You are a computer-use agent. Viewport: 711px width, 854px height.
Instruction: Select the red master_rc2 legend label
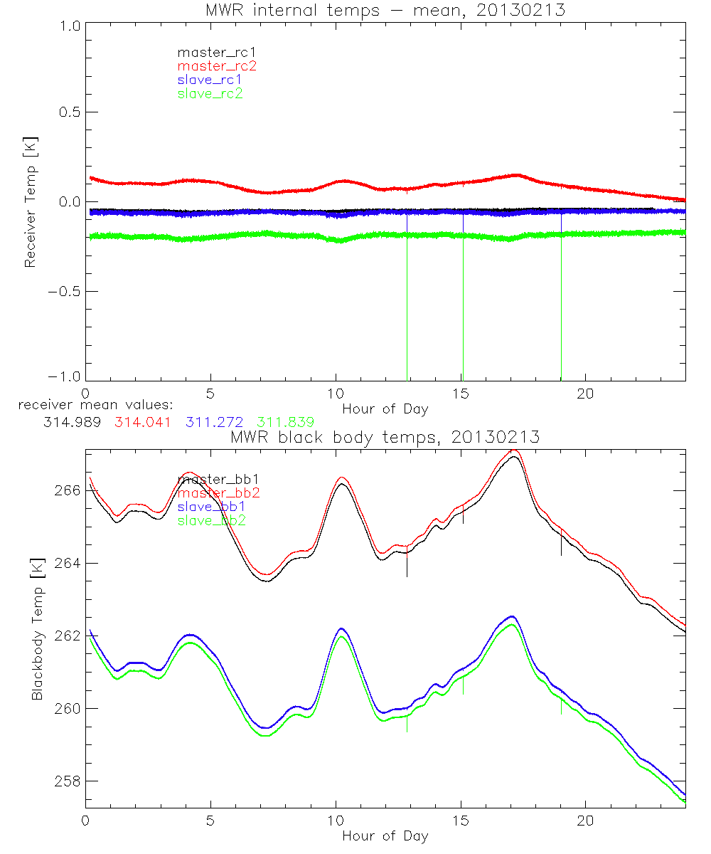(x=216, y=65)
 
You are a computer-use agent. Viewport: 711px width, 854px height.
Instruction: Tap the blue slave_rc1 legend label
(x=210, y=79)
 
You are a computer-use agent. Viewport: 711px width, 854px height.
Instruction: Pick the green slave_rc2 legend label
(x=210, y=93)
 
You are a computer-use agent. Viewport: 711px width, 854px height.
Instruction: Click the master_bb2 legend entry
(x=213, y=492)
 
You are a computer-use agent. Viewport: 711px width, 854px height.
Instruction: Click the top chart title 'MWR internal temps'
(x=385, y=9)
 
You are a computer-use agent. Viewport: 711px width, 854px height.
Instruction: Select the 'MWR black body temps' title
(x=385, y=437)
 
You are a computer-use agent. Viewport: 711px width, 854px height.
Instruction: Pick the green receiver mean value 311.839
(x=286, y=422)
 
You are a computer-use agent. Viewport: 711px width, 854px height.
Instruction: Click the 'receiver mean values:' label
(x=91, y=406)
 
